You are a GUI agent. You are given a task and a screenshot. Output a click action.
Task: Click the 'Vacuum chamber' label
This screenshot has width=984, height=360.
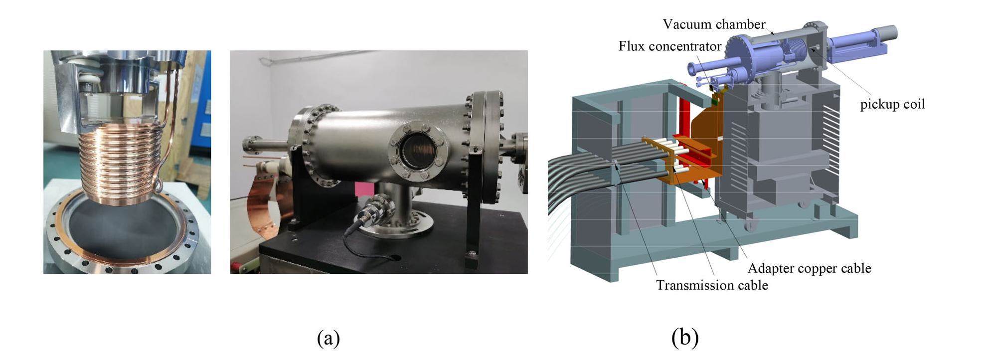(713, 24)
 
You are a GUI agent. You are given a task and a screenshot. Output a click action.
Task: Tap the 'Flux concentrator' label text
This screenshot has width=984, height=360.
(669, 46)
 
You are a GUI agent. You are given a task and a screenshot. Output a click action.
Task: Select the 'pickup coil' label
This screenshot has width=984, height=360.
(892, 104)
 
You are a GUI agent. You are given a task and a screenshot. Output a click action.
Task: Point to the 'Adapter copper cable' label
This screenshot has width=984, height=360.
(809, 268)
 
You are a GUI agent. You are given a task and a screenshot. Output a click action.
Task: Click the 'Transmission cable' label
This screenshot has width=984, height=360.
(711, 285)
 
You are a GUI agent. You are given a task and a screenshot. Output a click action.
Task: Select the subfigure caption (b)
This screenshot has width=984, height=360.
(685, 338)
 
